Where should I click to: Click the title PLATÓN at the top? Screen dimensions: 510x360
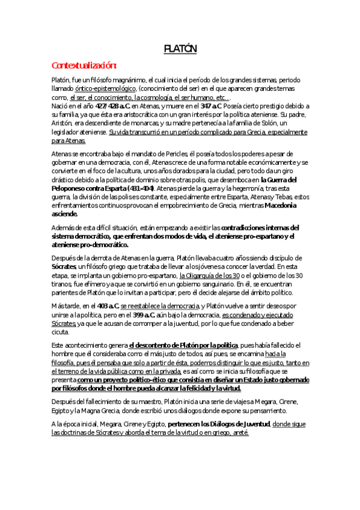coord(180,48)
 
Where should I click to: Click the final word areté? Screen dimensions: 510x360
coord(239,432)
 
